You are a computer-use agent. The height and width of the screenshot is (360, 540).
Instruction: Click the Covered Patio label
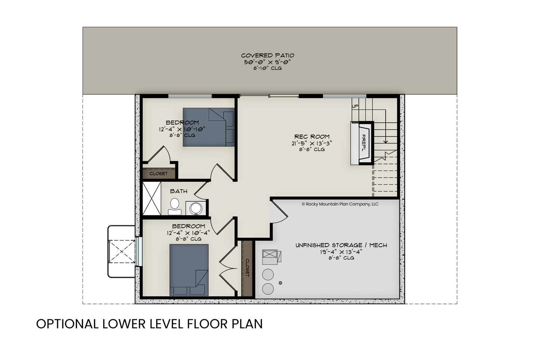click(268, 55)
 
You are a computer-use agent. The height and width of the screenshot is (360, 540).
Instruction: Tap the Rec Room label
click(312, 137)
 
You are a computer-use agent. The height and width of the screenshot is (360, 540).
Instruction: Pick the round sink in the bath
click(196, 208)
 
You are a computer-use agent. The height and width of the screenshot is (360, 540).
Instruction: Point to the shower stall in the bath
click(152, 198)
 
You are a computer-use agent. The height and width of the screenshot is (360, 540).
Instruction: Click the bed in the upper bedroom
click(209, 127)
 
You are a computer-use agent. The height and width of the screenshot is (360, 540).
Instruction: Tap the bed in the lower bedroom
click(189, 270)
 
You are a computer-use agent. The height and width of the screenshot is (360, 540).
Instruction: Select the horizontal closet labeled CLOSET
click(158, 173)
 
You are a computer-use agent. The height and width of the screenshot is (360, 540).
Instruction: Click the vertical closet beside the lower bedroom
click(247, 268)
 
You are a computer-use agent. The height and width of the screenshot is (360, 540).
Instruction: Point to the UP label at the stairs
click(355, 106)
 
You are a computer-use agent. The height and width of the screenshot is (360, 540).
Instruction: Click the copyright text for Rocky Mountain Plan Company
click(340, 204)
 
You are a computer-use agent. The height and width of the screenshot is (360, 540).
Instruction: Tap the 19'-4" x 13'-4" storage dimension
click(341, 252)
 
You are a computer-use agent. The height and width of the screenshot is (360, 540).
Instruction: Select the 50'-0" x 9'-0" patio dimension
click(268, 62)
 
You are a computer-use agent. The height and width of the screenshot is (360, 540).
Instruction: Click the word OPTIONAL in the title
click(67, 324)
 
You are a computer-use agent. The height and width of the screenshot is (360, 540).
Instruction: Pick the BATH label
click(179, 191)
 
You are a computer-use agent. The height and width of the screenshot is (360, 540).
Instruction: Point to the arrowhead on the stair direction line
click(385, 142)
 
